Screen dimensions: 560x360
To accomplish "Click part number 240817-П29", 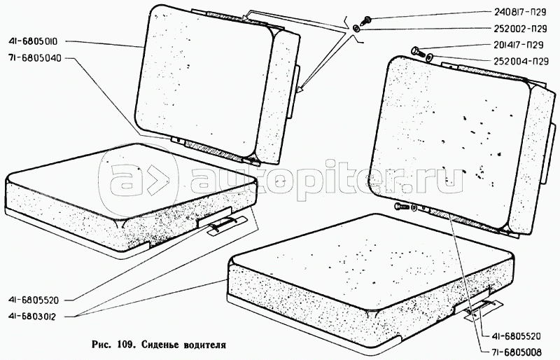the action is [x=520, y=12].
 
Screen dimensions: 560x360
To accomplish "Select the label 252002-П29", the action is [x=521, y=29].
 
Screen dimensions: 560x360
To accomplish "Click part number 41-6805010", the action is [x=33, y=41].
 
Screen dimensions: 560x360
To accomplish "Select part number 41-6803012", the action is [x=32, y=317].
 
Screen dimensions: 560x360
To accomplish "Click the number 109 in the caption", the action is [x=125, y=345].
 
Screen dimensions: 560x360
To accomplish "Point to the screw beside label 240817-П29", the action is [x=365, y=20].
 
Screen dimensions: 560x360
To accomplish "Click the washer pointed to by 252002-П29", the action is [x=356, y=29].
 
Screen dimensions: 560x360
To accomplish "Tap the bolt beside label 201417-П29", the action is [x=418, y=52].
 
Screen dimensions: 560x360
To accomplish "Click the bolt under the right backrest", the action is [x=402, y=206].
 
